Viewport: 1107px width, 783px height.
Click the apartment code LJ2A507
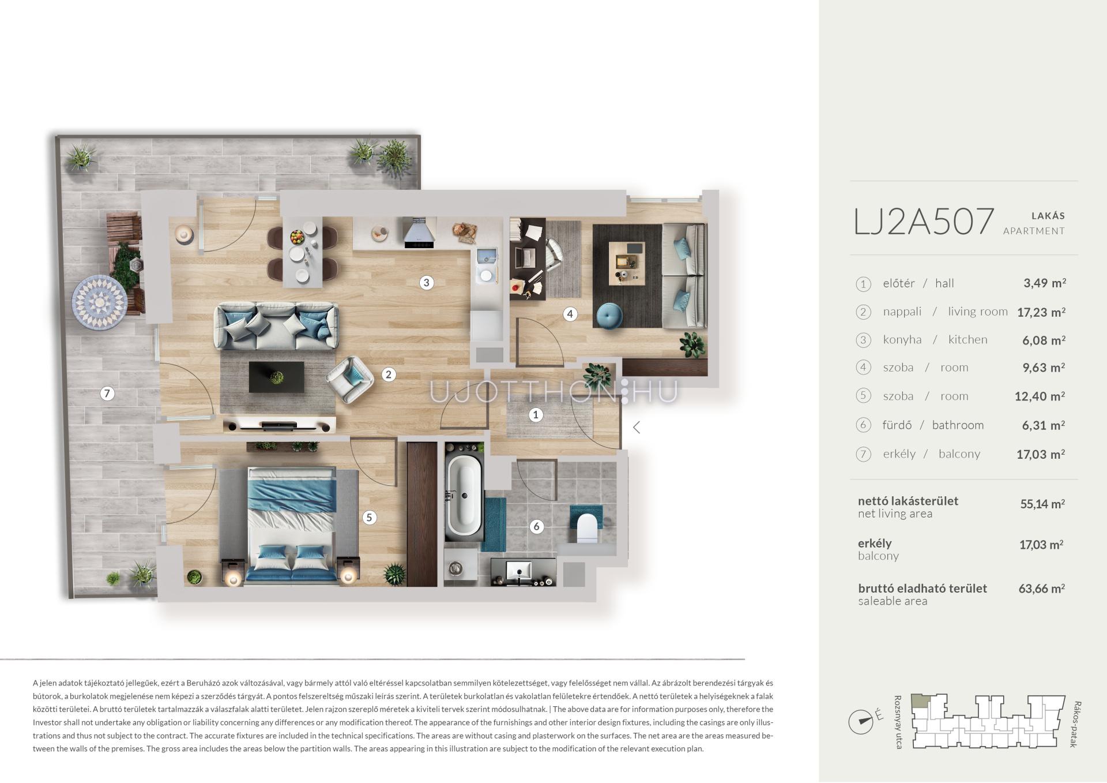coord(924,222)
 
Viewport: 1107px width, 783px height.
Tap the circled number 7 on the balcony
coord(107,394)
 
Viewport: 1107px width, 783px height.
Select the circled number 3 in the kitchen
coord(426,282)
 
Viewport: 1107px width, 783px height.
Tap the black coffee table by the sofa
coord(277,377)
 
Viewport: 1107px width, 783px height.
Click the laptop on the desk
coord(526,256)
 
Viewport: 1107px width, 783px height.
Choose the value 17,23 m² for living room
coord(1041,312)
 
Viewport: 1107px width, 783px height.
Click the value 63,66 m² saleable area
coord(1041,589)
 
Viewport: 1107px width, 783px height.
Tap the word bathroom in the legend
coord(958,425)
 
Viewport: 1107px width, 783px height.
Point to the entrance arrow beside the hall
coord(637,427)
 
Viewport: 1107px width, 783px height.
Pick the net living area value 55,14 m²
coord(1042,504)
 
